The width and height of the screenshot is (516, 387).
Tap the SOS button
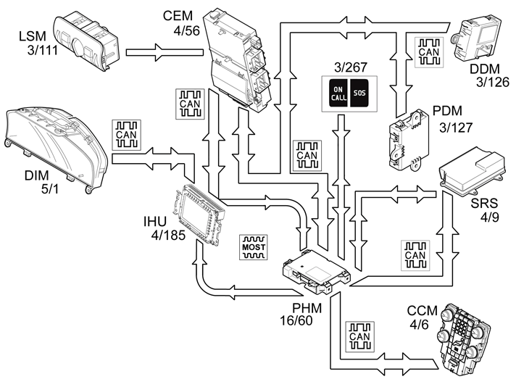360,94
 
